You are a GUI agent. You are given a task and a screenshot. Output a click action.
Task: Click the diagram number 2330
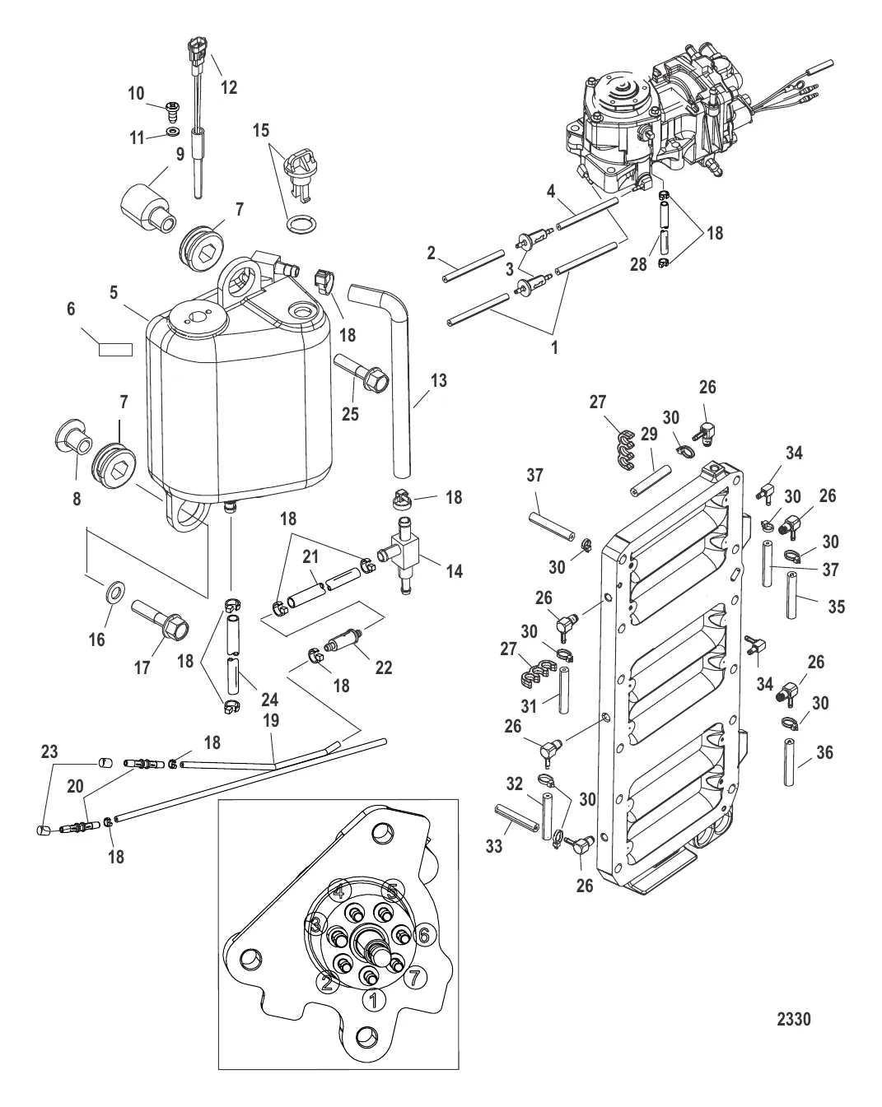[x=794, y=1020]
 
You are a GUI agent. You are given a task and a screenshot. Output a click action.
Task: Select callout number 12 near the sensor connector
[x=228, y=87]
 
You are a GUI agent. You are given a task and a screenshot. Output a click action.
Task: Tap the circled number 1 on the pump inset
[x=373, y=999]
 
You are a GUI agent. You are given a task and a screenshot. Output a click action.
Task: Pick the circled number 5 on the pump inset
[x=393, y=891]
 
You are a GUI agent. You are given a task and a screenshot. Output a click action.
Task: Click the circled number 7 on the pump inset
[x=413, y=978]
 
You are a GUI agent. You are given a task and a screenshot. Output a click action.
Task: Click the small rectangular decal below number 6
[x=115, y=349]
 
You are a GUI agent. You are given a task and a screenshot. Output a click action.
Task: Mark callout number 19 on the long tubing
[x=271, y=719]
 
